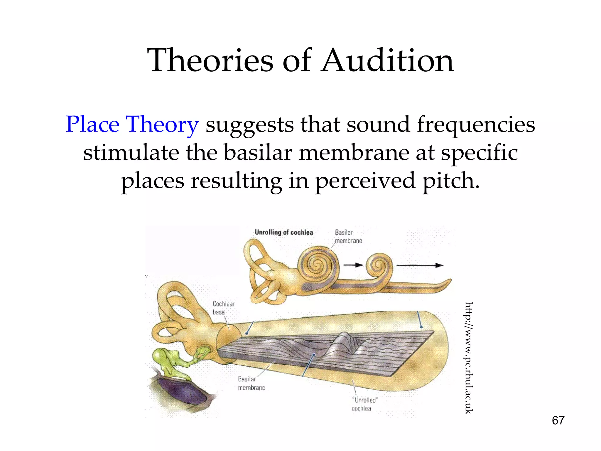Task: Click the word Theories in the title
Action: point(210,61)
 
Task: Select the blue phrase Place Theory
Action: point(132,124)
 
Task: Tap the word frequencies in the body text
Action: point(476,124)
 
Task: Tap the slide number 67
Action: point(558,420)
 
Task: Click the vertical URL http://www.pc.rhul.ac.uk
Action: point(469,358)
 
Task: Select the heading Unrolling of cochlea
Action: point(284,232)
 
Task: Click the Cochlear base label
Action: point(223,308)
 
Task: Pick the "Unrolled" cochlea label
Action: point(364,404)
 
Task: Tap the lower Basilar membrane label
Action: point(251,383)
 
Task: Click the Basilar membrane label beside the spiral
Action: point(348,236)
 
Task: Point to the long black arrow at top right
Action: point(420,265)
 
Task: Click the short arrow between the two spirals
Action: point(353,265)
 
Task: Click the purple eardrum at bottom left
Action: point(182,392)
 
